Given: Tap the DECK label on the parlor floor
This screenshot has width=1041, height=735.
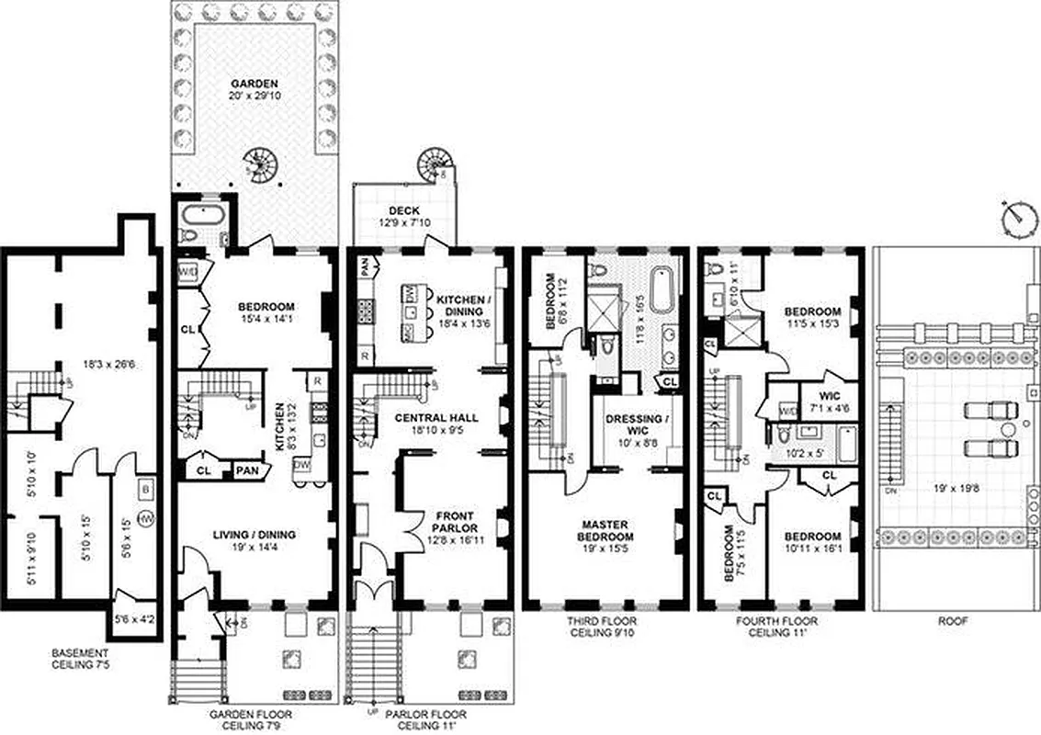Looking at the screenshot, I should click(x=403, y=209).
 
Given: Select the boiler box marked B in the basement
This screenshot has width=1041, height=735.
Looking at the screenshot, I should click(x=145, y=487).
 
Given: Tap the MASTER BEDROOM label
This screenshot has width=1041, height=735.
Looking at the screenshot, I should click(x=605, y=530).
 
